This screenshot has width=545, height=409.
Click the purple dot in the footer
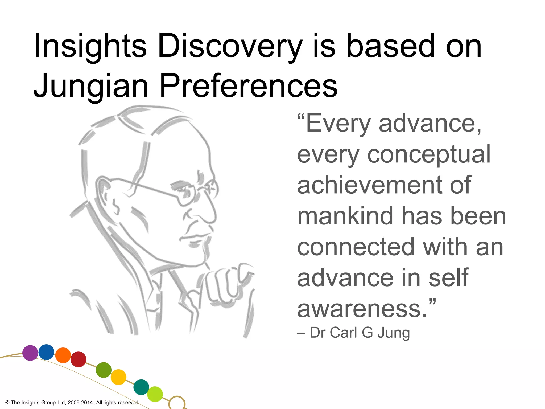click(30, 353)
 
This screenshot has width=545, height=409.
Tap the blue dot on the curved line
click(46, 352)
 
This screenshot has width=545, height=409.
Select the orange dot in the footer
click(63, 355)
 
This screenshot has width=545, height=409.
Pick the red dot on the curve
click(79, 359)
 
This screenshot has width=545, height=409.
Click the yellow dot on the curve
click(118, 377)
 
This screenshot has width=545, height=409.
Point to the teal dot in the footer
click(141, 387)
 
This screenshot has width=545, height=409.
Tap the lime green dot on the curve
click(155, 394)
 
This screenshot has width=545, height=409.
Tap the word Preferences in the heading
click(249, 86)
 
